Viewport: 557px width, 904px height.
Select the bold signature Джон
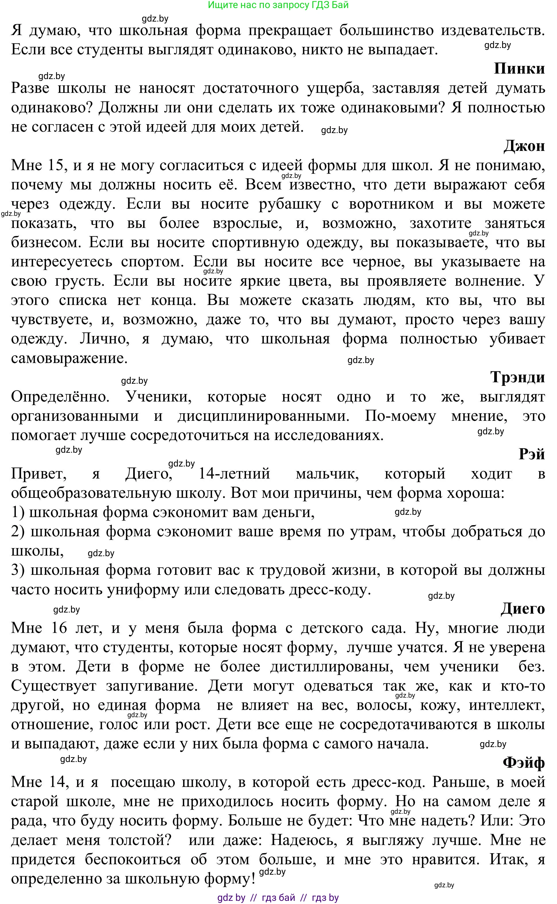524,146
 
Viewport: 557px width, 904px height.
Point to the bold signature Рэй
532,454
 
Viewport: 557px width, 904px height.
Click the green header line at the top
278,5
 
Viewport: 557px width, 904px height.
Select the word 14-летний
234,473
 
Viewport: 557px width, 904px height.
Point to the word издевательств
493,30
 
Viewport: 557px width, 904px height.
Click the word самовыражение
69,358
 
